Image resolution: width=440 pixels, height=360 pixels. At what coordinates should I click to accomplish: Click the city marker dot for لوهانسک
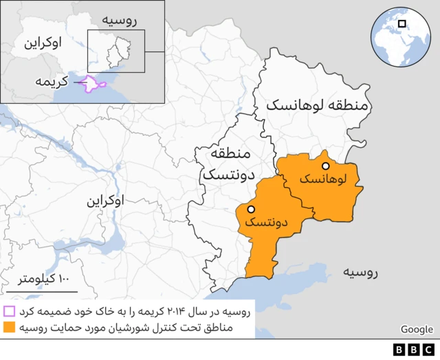(x=326, y=166)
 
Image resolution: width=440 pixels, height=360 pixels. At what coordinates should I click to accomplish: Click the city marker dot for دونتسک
(x=252, y=209)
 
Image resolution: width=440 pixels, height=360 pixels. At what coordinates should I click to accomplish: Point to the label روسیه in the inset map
(x=121, y=20)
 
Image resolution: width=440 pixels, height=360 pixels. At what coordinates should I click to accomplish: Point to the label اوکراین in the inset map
(x=42, y=43)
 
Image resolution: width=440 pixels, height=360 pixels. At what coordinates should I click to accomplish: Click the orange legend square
(x=9, y=328)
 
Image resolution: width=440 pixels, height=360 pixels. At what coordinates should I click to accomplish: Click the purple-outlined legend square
(x=9, y=311)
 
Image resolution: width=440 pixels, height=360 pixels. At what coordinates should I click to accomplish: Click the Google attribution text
(x=417, y=330)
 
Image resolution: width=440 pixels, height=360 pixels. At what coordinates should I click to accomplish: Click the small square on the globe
(x=402, y=23)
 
